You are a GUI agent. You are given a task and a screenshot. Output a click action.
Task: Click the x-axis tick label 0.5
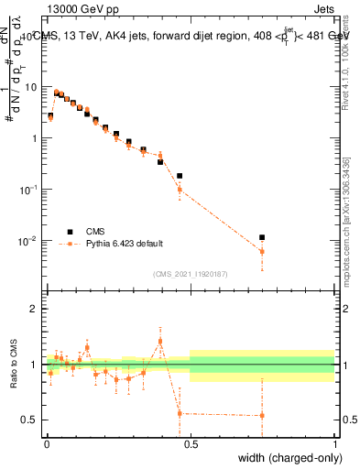(191, 443)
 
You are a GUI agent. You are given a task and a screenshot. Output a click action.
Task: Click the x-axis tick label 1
(334, 443)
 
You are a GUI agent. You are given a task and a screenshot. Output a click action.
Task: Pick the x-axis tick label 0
(47, 443)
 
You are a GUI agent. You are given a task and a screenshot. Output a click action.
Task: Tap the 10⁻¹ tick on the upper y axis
(31, 190)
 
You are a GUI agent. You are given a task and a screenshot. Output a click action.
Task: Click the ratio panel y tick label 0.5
(31, 420)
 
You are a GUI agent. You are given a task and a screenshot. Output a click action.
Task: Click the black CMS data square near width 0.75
(262, 237)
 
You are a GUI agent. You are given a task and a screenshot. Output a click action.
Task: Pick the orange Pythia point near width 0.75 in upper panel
(262, 251)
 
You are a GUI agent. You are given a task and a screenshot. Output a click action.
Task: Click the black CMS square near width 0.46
(180, 176)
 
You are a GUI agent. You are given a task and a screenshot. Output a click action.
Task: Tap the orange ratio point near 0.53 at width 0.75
(262, 415)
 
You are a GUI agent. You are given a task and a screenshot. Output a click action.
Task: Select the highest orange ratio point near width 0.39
(160, 341)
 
